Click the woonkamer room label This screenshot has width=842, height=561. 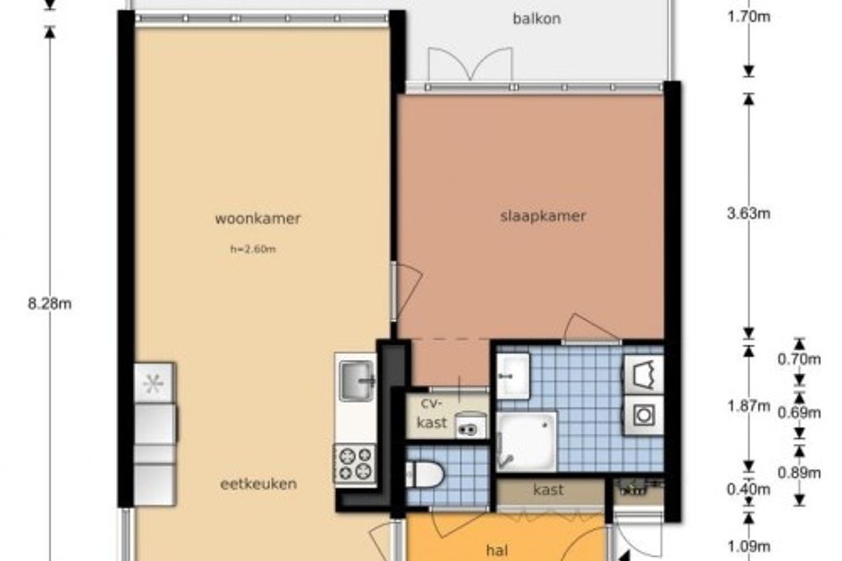point(258,219)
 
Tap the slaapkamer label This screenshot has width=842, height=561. point(543,217)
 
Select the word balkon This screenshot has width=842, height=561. point(537,18)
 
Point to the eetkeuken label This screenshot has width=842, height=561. point(259,484)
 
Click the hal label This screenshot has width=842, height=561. point(497,550)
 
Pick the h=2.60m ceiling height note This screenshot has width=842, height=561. point(253,249)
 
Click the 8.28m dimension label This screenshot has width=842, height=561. point(50,304)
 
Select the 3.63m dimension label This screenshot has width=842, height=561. point(749,213)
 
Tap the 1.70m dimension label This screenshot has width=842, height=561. point(749,17)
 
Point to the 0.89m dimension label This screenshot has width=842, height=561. point(799,473)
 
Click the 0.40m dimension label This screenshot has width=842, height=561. point(749,489)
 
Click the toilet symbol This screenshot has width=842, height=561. point(425,475)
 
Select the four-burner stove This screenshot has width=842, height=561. point(354,466)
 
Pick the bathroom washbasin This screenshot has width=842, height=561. point(513,376)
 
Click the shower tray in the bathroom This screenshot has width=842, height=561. point(527,442)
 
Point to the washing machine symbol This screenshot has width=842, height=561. point(644,416)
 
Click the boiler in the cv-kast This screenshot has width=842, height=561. point(471,425)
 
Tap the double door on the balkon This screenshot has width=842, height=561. point(470,65)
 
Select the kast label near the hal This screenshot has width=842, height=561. point(549,489)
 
